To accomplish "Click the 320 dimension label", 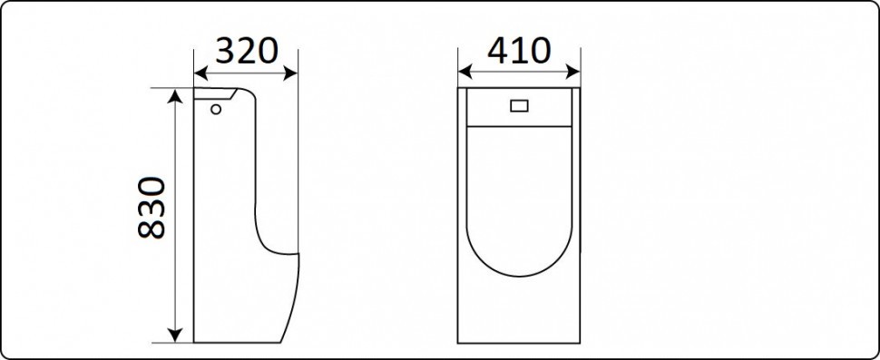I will click(x=245, y=52).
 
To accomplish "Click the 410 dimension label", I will click(x=519, y=52).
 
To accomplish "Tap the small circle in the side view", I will click(x=216, y=110).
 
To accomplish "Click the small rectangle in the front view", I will click(x=519, y=106).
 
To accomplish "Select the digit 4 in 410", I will click(x=496, y=52).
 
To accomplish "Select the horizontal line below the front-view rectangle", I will click(x=519, y=122).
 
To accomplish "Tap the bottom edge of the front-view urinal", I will click(x=519, y=342).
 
